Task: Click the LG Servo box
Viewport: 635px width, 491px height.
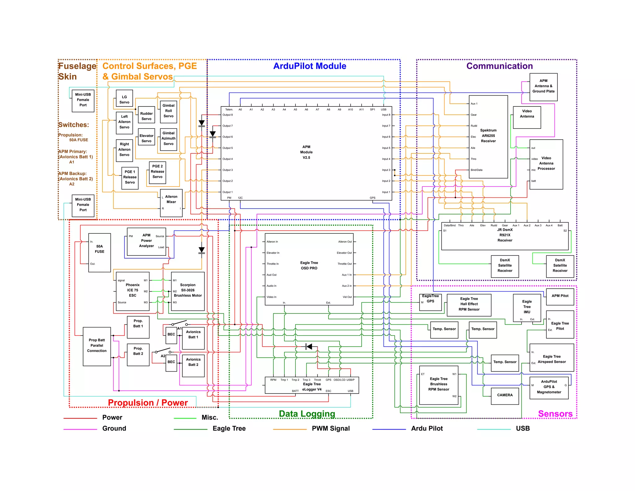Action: (x=124, y=99)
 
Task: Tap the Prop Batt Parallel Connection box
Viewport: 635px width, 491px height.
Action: (x=97, y=346)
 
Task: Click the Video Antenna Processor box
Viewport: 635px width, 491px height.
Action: (x=546, y=164)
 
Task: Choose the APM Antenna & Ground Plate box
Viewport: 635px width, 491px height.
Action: (x=543, y=87)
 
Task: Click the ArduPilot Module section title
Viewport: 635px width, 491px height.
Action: (x=309, y=66)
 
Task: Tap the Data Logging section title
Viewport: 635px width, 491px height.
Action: (x=307, y=414)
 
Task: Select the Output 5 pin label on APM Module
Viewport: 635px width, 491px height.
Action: (x=228, y=148)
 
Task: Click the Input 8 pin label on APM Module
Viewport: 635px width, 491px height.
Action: (x=386, y=115)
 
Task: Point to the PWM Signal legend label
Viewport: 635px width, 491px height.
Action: (x=331, y=429)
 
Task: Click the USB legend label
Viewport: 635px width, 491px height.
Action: (x=522, y=429)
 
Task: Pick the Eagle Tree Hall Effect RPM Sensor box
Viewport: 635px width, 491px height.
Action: (x=469, y=304)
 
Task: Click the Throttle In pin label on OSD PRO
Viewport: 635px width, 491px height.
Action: (x=273, y=264)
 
